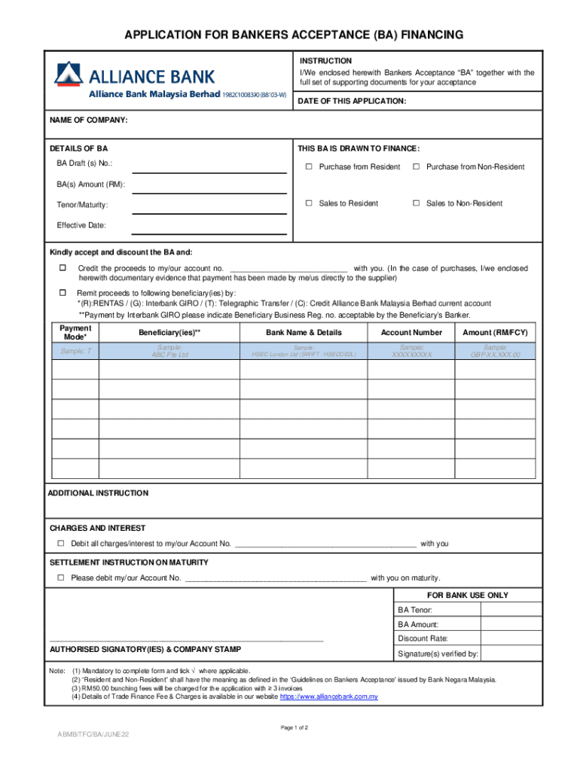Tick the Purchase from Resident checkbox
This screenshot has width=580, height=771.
point(308,166)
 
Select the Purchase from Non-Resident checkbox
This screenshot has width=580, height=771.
point(416,166)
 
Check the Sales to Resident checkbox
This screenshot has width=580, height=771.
point(308,203)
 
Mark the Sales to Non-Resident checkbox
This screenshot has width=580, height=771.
point(416,203)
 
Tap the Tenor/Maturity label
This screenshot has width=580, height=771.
point(82,205)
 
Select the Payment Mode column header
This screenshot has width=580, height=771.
point(75,332)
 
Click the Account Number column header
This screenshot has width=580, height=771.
point(411,332)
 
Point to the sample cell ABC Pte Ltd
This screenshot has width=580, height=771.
point(169,350)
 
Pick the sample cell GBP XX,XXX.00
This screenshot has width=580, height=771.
point(495,350)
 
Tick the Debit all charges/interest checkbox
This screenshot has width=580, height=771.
point(61,544)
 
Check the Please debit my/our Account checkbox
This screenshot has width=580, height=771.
point(61,577)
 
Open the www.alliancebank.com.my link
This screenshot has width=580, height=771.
point(328,696)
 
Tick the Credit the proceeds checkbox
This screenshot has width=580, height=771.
point(63,268)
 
